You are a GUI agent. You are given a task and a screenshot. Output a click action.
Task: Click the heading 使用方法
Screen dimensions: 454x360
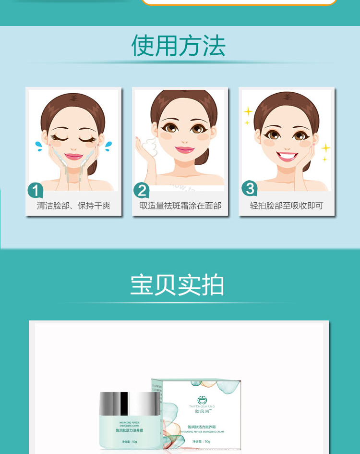[178, 46]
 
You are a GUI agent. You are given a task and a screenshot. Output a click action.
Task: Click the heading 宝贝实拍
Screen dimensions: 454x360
[177, 285]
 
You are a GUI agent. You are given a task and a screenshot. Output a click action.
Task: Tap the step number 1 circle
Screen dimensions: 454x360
[36, 190]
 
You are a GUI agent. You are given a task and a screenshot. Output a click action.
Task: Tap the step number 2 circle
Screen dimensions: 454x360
[142, 190]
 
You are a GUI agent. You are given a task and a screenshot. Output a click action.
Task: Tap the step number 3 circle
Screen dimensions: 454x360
[250, 188]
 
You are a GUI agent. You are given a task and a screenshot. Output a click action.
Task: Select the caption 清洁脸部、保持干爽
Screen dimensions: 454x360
[73, 206]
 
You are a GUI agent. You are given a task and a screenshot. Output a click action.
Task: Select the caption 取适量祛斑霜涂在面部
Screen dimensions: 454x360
[180, 206]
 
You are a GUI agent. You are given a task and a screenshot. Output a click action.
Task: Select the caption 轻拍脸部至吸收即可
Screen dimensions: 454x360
[287, 206]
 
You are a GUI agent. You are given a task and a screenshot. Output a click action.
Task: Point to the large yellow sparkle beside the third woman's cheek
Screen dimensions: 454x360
[326, 147]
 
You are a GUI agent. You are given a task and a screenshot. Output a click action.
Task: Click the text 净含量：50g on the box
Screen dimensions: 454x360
[201, 442]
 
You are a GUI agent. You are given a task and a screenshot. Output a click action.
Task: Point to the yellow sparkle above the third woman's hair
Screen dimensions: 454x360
[248, 112]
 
